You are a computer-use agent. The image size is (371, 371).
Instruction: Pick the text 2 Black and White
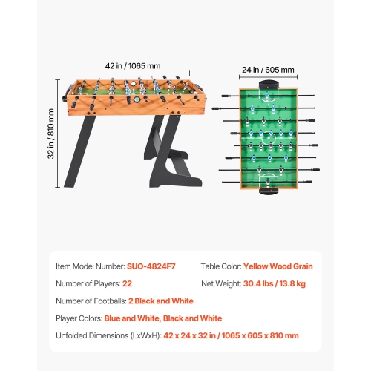160,301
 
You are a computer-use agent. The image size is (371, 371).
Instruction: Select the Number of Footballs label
91,301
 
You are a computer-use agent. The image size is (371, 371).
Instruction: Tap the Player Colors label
81,318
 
